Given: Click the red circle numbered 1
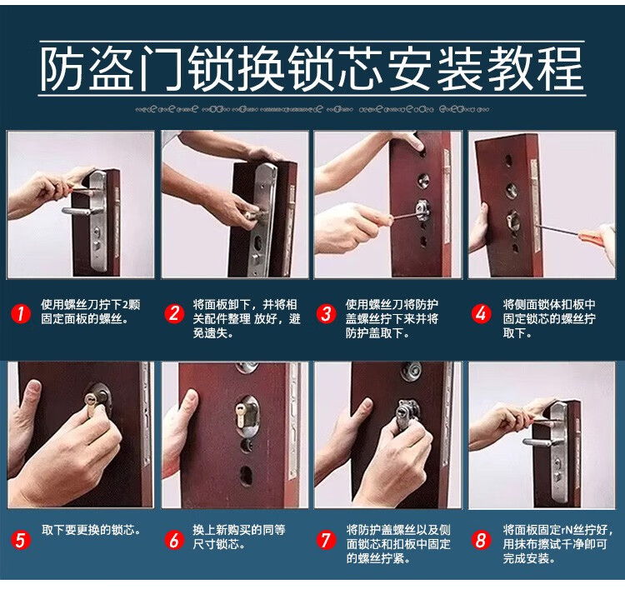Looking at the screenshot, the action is click(21, 313).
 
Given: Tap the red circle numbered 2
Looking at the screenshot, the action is click(174, 313).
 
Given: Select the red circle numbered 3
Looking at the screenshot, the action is click(327, 313).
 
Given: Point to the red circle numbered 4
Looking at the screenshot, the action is click(481, 313).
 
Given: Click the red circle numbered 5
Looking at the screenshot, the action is click(21, 541).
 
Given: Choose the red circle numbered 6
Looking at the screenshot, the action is click(174, 541).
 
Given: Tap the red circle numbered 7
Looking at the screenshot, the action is click(327, 541).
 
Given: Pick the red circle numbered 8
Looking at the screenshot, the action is click(481, 541).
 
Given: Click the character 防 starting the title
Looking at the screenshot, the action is click(62, 68).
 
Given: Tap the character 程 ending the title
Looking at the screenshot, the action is click(562, 68).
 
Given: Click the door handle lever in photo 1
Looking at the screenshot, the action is click(78, 211).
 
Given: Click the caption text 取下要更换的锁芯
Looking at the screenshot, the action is click(92, 530).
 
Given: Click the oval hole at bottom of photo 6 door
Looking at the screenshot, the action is click(246, 476).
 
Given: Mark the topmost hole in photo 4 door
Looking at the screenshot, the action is click(508, 161).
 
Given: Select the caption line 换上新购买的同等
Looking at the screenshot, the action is click(239, 530).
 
